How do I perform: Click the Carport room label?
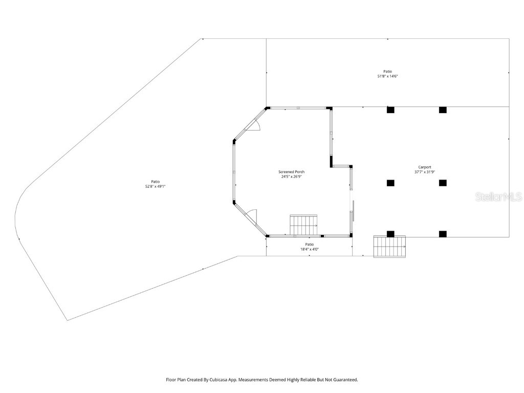pyautogui.click(x=425, y=167)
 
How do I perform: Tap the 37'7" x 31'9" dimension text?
pyautogui.click(x=425, y=172)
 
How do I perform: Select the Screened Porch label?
pyautogui.click(x=292, y=172)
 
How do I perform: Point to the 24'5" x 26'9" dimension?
pyautogui.click(x=292, y=177)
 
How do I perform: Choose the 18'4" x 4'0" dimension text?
pyautogui.click(x=309, y=250)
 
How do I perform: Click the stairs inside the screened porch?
pyautogui.click(x=303, y=225)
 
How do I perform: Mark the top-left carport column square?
pyautogui.click(x=390, y=110)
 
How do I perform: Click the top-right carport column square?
pyautogui.click(x=443, y=110)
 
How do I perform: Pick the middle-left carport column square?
pyautogui.click(x=390, y=183)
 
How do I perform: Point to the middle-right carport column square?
pyautogui.click(x=443, y=183)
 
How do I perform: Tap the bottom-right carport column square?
pyautogui.click(x=443, y=234)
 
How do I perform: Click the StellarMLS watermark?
pyautogui.click(x=498, y=196)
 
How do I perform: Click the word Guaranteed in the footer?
pyautogui.click(x=344, y=380)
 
